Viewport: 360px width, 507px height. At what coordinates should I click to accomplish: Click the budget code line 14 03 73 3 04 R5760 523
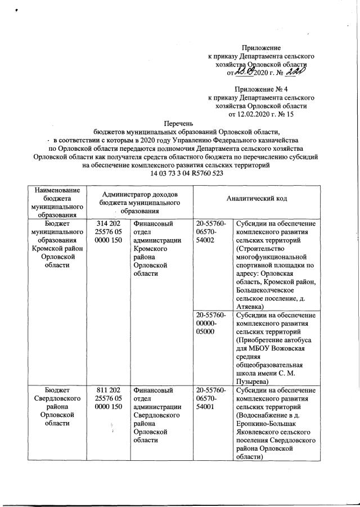179,174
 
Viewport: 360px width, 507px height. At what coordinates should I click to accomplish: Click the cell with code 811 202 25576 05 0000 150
107,398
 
